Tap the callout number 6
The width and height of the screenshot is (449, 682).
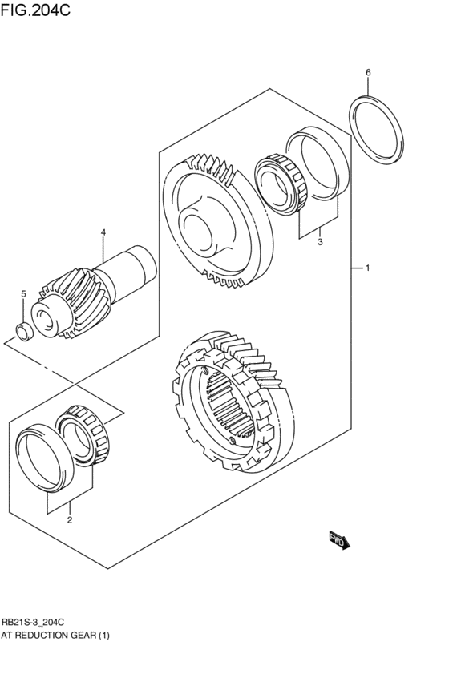pyautogui.click(x=368, y=73)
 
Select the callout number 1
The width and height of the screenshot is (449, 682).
pyautogui.click(x=367, y=268)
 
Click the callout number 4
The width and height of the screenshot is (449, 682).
pyautogui.click(x=103, y=233)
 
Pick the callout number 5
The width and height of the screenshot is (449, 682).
pyautogui.click(x=23, y=294)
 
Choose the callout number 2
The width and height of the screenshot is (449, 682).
pyautogui.click(x=69, y=520)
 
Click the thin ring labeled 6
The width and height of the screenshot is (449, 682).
pyautogui.click(x=375, y=130)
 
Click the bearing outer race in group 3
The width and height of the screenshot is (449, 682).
pyautogui.click(x=322, y=162)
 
